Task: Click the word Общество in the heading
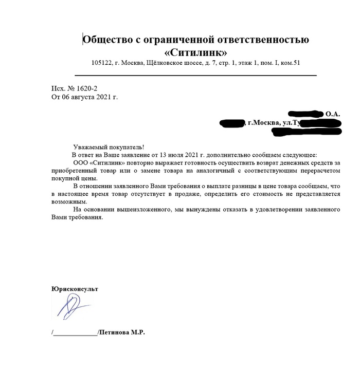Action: tap(107, 40)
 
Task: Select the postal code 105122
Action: tap(101, 63)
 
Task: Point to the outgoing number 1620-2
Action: tap(86, 89)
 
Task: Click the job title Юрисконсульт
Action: tap(75, 289)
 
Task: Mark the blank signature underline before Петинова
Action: tap(75, 334)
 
